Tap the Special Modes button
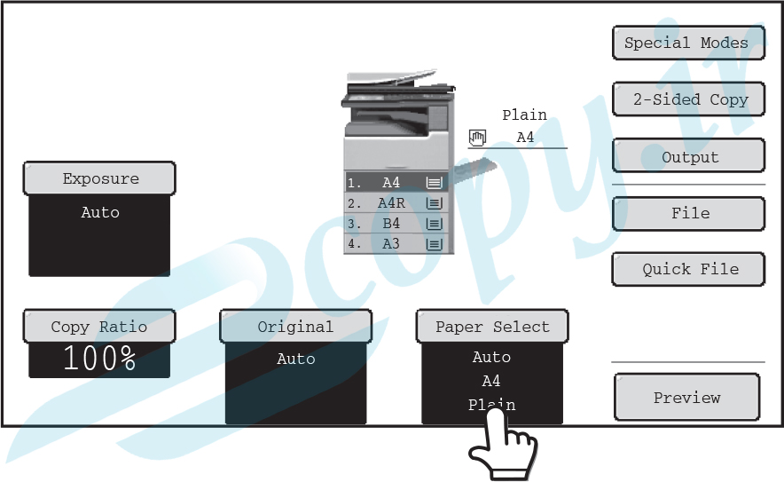pos(688,43)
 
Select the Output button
pos(688,156)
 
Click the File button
pos(688,214)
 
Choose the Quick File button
pos(688,269)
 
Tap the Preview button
pos(687,397)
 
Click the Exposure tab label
pos(99,178)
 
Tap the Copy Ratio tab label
pos(99,327)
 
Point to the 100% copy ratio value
pos(99,359)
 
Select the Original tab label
pos(295,327)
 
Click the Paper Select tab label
pos(492,327)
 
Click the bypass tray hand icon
pos(477,138)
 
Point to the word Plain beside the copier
pos(524,115)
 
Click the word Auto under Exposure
pos(100,212)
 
